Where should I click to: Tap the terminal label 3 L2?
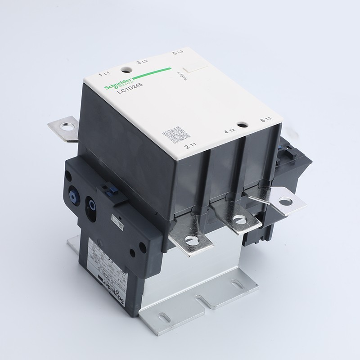click(x=142, y=63)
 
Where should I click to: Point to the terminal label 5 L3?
click(x=178, y=54)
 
